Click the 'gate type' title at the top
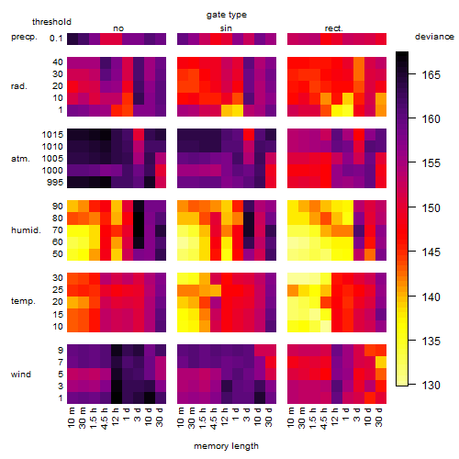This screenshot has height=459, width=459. tap(227, 15)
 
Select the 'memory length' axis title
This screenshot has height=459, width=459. tap(226, 446)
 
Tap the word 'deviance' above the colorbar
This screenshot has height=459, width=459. tap(434, 37)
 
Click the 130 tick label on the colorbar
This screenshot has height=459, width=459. tap(431, 385)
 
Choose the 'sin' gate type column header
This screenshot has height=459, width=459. tap(226, 28)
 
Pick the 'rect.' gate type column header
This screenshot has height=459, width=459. tap(333, 28)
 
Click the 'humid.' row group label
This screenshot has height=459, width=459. tap(26, 229)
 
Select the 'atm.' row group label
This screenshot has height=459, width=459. tap(20, 159)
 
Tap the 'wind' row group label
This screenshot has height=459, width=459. tap(21, 374)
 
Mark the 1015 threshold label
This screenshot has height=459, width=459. tap(52, 134)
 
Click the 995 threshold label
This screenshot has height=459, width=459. tap(55, 182)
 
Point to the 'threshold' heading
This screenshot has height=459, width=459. tap(51, 22)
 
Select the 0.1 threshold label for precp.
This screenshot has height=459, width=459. tap(56, 39)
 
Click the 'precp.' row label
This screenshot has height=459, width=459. tap(24, 37)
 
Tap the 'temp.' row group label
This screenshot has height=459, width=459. tap(23, 301)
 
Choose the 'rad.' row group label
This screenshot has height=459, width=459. tap(19, 86)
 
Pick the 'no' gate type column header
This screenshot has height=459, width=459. tap(118, 28)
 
